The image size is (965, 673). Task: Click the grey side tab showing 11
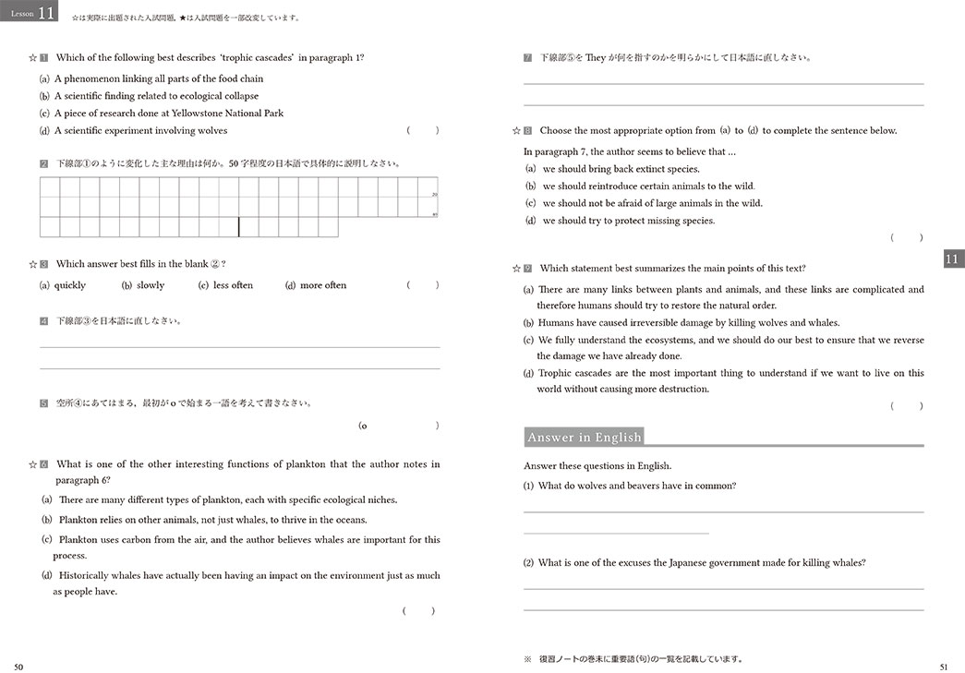(953, 259)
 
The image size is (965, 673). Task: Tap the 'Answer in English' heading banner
(583, 438)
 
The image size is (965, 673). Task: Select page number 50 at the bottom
(18, 666)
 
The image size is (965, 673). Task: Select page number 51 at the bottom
(943, 666)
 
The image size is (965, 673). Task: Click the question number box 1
(44, 57)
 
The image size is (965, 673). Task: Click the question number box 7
(527, 57)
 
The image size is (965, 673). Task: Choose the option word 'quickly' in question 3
(70, 285)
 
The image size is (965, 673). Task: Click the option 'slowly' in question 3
(151, 285)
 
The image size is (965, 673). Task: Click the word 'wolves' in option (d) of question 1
(212, 131)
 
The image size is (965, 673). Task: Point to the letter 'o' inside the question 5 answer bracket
(364, 426)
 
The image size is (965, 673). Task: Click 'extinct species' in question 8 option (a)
(668, 169)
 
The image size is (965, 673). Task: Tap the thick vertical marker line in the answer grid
(238, 227)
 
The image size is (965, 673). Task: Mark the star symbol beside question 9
(517, 269)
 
